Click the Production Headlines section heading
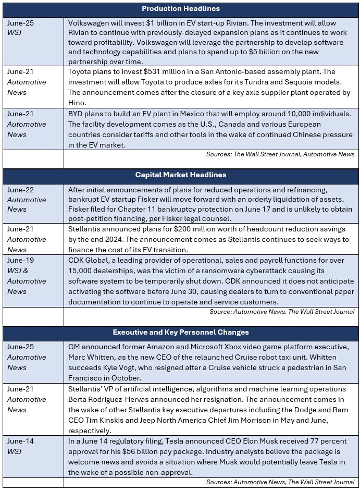(x=181, y=8)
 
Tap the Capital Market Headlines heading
(x=181, y=175)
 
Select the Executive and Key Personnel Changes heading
(x=181, y=332)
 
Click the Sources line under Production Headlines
(x=280, y=154)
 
